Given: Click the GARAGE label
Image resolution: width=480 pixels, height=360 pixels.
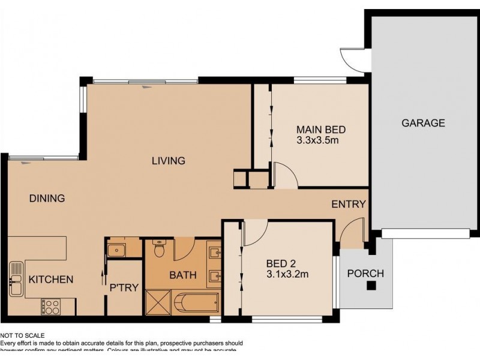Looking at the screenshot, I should click(423, 123).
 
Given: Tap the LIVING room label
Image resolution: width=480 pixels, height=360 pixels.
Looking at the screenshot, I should click(168, 161).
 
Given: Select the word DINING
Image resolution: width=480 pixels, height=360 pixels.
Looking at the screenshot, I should click(47, 199).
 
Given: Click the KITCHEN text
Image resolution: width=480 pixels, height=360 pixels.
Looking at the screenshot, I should click(51, 279).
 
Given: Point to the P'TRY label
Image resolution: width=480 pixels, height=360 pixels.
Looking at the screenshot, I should click(124, 287).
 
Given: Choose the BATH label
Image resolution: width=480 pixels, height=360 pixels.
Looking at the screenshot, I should click(182, 275).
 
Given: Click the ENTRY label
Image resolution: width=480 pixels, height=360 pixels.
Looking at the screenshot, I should click(349, 204).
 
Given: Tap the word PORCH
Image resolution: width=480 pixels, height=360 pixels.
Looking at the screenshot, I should click(365, 274).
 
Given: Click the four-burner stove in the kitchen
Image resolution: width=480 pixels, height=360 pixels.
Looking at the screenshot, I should click(50, 307).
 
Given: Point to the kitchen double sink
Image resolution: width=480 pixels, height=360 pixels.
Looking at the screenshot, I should click(16, 279).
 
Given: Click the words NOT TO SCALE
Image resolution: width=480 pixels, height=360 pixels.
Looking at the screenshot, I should click(22, 336).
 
